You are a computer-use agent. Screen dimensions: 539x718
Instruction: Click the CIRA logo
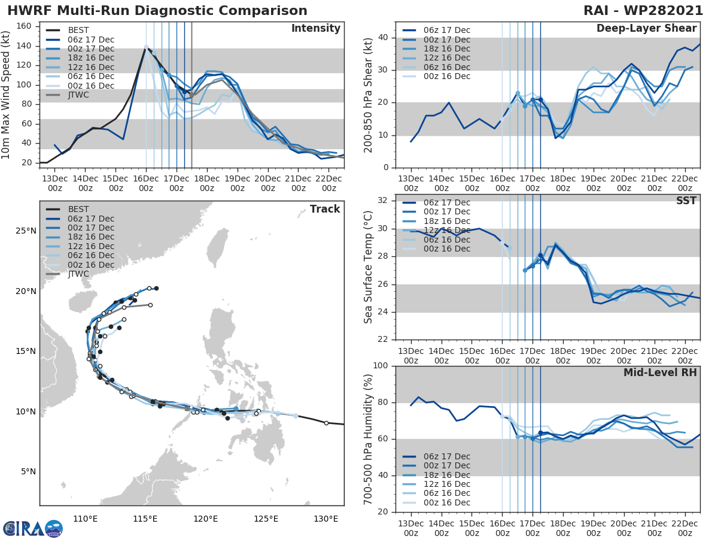click(32, 528)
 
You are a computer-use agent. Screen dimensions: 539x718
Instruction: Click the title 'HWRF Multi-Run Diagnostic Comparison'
click(157, 11)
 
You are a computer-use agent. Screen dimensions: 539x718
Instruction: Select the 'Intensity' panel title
click(315, 29)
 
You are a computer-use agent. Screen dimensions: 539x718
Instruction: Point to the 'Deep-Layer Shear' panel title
click(646, 29)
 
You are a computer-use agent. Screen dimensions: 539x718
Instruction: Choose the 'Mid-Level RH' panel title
click(660, 373)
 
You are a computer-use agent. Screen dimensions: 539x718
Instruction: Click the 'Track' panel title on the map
click(324, 209)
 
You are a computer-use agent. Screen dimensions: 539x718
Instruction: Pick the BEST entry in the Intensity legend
click(78, 30)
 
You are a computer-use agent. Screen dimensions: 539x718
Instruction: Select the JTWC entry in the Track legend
click(78, 274)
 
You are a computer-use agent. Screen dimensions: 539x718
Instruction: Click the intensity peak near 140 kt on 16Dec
click(146, 47)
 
